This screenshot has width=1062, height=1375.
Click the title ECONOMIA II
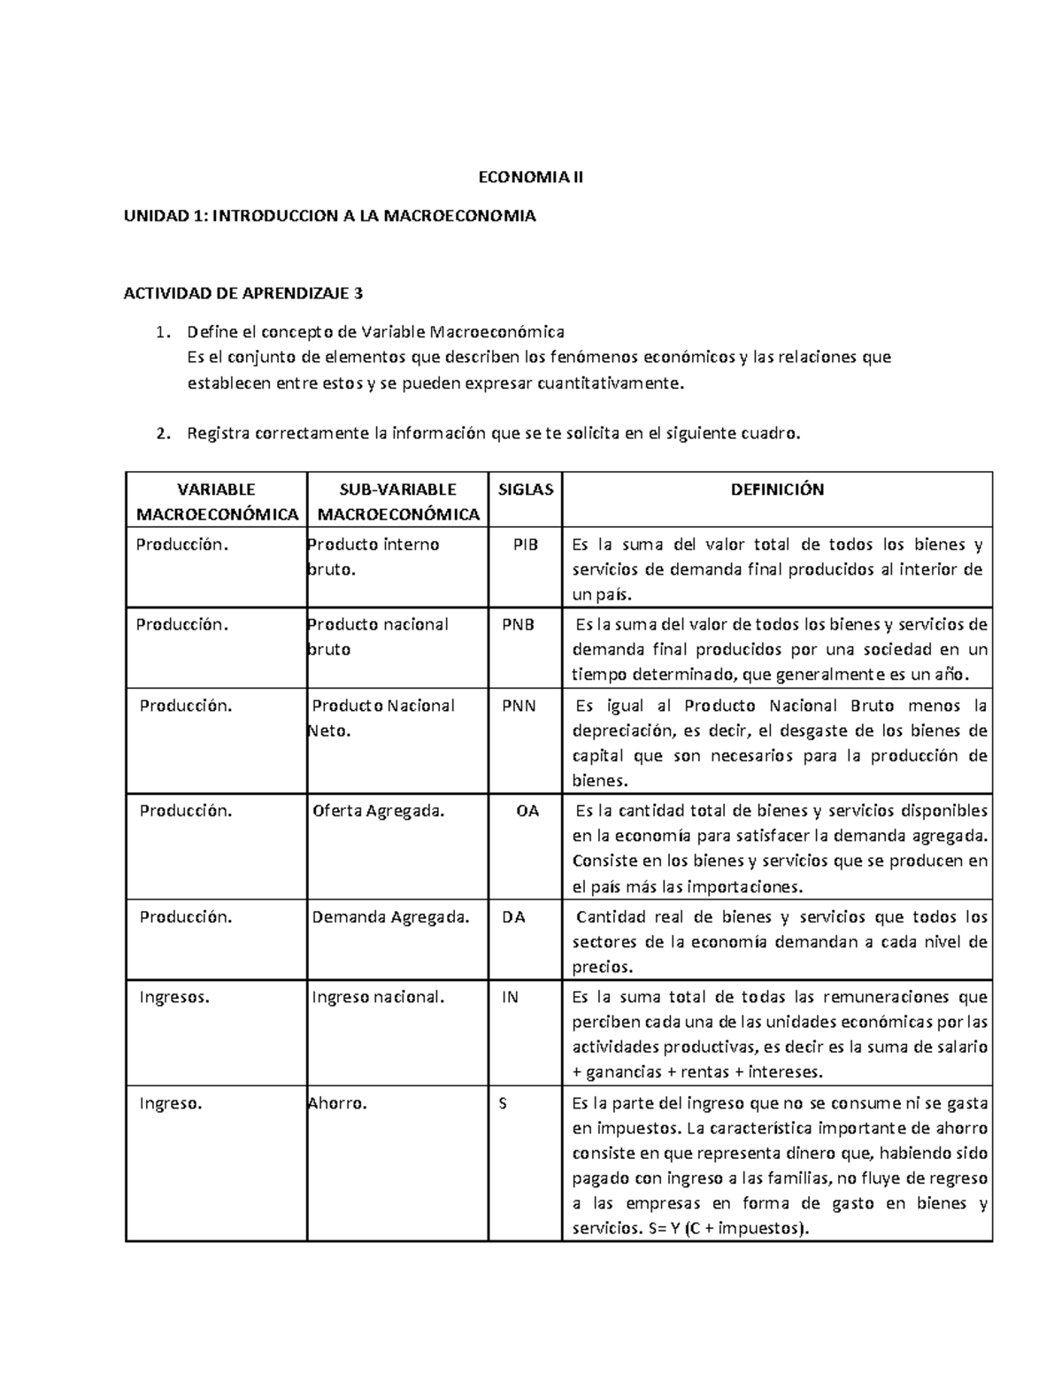click(x=531, y=177)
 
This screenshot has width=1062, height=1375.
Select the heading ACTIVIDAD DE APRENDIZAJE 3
click(x=242, y=294)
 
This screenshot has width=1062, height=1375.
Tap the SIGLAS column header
click(x=525, y=490)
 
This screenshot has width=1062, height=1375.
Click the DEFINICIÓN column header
click(x=776, y=490)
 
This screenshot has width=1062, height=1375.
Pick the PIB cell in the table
click(x=526, y=545)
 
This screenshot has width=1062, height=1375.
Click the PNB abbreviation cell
click(x=519, y=624)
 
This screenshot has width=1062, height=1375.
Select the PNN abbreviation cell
click(x=519, y=706)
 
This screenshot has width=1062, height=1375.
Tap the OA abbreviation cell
click(x=527, y=810)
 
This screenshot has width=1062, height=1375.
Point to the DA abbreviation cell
click(x=513, y=917)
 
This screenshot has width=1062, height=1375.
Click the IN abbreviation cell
click(x=510, y=997)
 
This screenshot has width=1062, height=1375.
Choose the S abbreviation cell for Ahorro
click(x=504, y=1104)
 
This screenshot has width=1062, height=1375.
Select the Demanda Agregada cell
click(x=390, y=917)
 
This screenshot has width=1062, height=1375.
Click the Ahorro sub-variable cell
click(x=337, y=1104)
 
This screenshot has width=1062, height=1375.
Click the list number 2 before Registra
click(x=161, y=434)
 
